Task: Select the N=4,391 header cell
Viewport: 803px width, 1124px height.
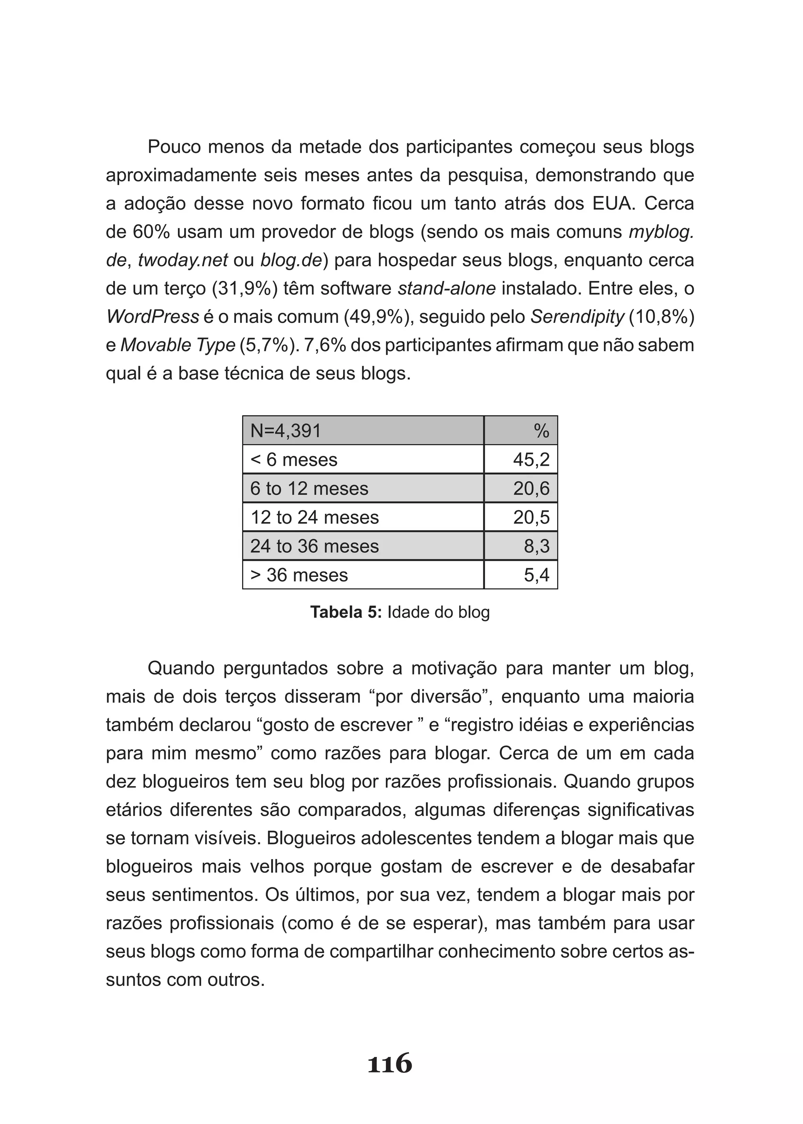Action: (x=286, y=431)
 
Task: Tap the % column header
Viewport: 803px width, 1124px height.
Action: (x=541, y=431)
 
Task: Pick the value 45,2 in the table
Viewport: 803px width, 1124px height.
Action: (x=531, y=460)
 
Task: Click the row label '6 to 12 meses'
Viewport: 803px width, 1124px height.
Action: (x=309, y=488)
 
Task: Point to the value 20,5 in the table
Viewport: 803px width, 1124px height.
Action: (x=531, y=517)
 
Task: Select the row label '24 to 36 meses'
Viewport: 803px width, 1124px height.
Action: (x=314, y=546)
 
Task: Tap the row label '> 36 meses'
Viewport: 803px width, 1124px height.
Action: (x=299, y=575)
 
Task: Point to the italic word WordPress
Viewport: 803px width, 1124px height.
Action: (x=152, y=317)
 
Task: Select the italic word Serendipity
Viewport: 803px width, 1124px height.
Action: (x=577, y=317)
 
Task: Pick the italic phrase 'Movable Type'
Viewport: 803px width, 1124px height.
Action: (x=178, y=345)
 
